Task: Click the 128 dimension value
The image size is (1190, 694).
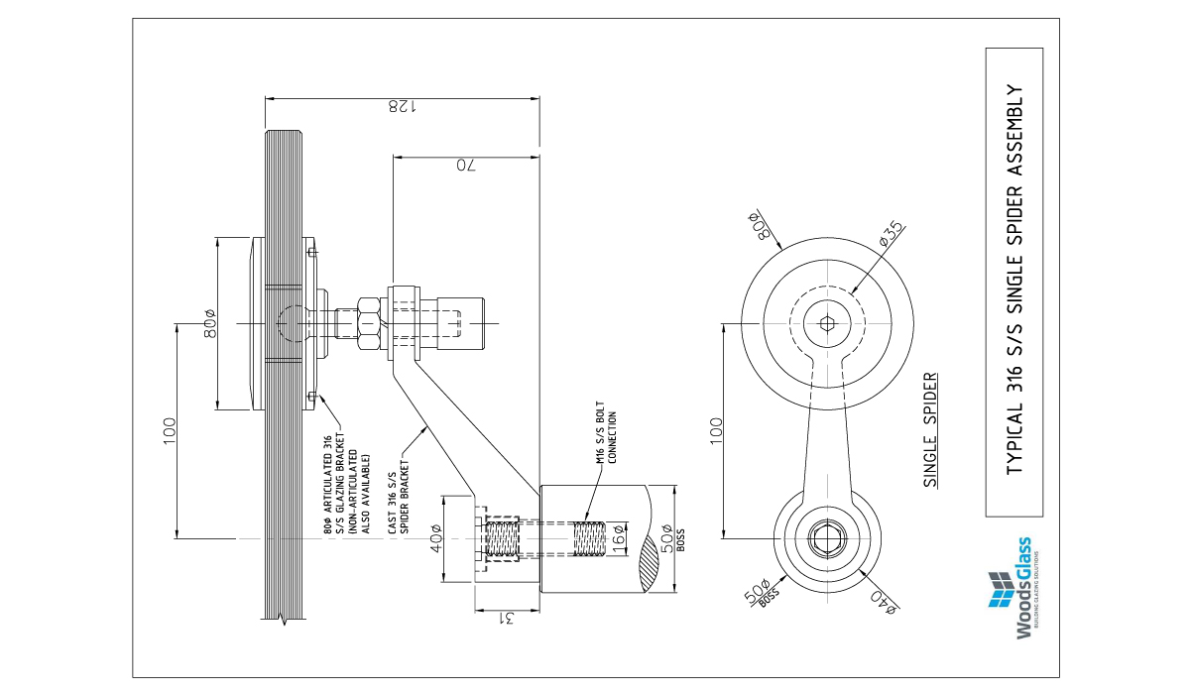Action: click(x=402, y=107)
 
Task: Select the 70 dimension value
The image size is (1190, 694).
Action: click(x=465, y=165)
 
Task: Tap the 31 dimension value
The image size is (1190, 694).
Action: click(x=507, y=619)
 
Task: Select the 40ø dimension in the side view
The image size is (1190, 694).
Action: click(x=435, y=540)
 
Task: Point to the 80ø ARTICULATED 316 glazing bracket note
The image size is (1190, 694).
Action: click(x=346, y=479)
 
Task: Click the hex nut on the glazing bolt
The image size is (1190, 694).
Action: click(x=365, y=322)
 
